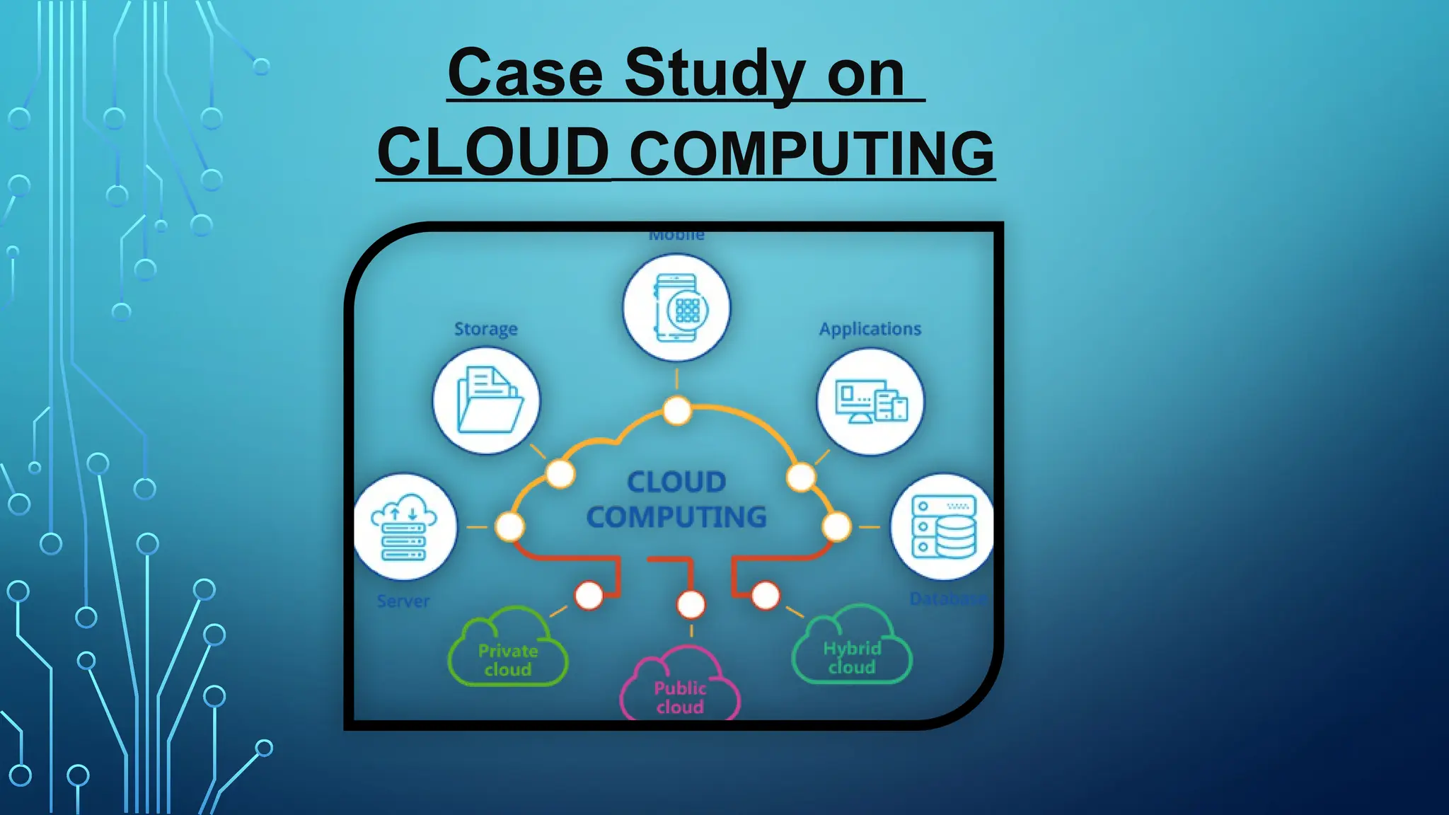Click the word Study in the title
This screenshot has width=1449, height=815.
click(x=715, y=74)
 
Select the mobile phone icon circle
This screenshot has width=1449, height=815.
click(x=676, y=308)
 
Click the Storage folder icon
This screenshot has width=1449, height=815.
click(x=487, y=400)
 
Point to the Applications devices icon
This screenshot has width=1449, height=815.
click(x=870, y=402)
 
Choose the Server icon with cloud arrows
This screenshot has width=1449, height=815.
click(x=404, y=527)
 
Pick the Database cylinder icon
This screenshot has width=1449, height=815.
click(x=943, y=527)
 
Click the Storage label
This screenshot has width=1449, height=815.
click(x=485, y=329)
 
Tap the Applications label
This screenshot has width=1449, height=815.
click(x=870, y=329)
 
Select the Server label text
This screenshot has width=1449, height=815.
click(x=403, y=601)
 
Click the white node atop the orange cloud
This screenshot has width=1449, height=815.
click(x=677, y=410)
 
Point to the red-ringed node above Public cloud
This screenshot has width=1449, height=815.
click(x=691, y=604)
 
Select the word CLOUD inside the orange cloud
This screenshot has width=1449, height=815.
click(x=676, y=482)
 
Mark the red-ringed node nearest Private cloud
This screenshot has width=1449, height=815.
click(x=589, y=596)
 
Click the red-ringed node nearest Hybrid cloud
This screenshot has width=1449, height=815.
click(x=766, y=596)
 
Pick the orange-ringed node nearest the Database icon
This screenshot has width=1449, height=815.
click(x=836, y=527)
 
